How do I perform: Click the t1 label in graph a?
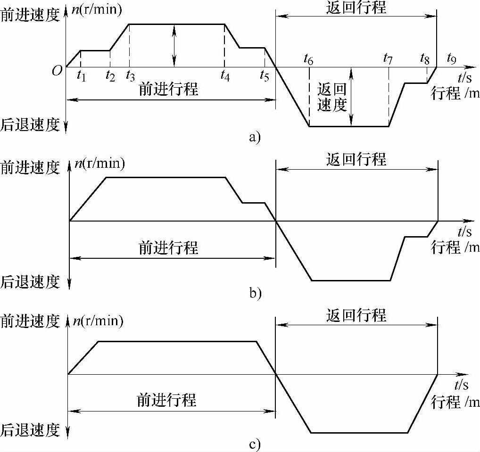(x=81, y=74)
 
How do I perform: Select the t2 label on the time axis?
(x=110, y=74)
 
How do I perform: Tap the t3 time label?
(x=130, y=74)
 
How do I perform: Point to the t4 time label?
(x=225, y=74)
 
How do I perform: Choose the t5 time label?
(x=265, y=74)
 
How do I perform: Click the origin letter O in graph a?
(x=57, y=71)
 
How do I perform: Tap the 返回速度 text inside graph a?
(x=332, y=97)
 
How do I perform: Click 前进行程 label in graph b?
(x=168, y=247)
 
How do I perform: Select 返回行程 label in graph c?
(x=356, y=314)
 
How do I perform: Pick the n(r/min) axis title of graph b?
(x=99, y=164)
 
